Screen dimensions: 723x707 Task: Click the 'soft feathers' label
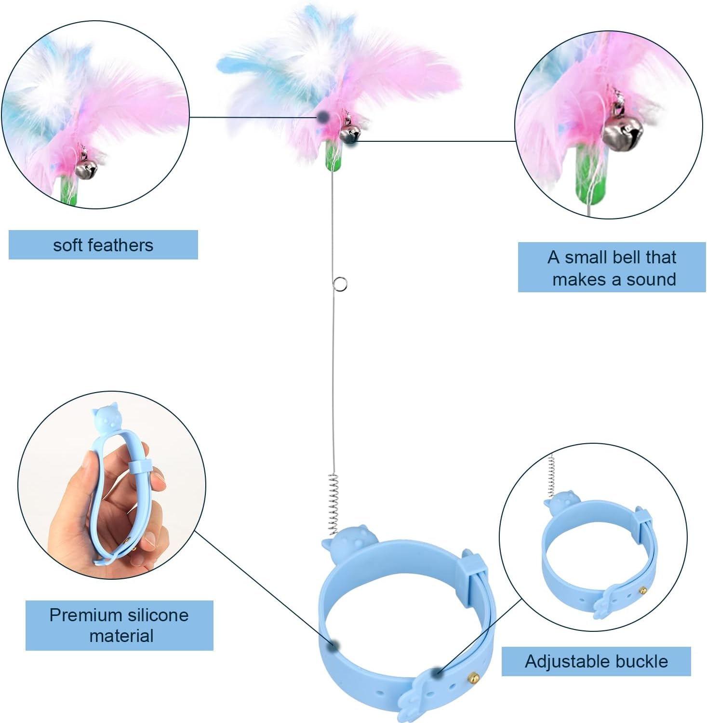(103, 245)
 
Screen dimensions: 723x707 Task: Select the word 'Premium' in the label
(79, 615)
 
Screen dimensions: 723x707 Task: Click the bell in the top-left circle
(87, 168)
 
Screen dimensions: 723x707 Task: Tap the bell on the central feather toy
(350, 134)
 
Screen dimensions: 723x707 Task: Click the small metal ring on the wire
(340, 284)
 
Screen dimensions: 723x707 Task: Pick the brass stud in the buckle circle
(643, 589)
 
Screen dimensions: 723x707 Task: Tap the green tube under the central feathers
(333, 155)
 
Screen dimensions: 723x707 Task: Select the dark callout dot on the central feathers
(323, 116)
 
